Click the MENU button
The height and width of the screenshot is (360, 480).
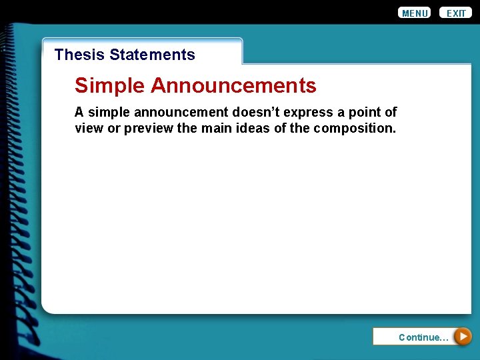point(415,13)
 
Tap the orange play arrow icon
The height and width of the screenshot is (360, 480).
point(463,337)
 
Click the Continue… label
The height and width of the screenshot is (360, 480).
point(423,337)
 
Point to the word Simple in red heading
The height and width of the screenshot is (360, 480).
point(110,85)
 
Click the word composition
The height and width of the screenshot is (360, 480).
point(355,128)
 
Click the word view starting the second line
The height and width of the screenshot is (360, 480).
point(89,128)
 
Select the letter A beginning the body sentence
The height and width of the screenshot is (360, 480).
point(79,112)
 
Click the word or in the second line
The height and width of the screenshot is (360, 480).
point(114,128)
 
